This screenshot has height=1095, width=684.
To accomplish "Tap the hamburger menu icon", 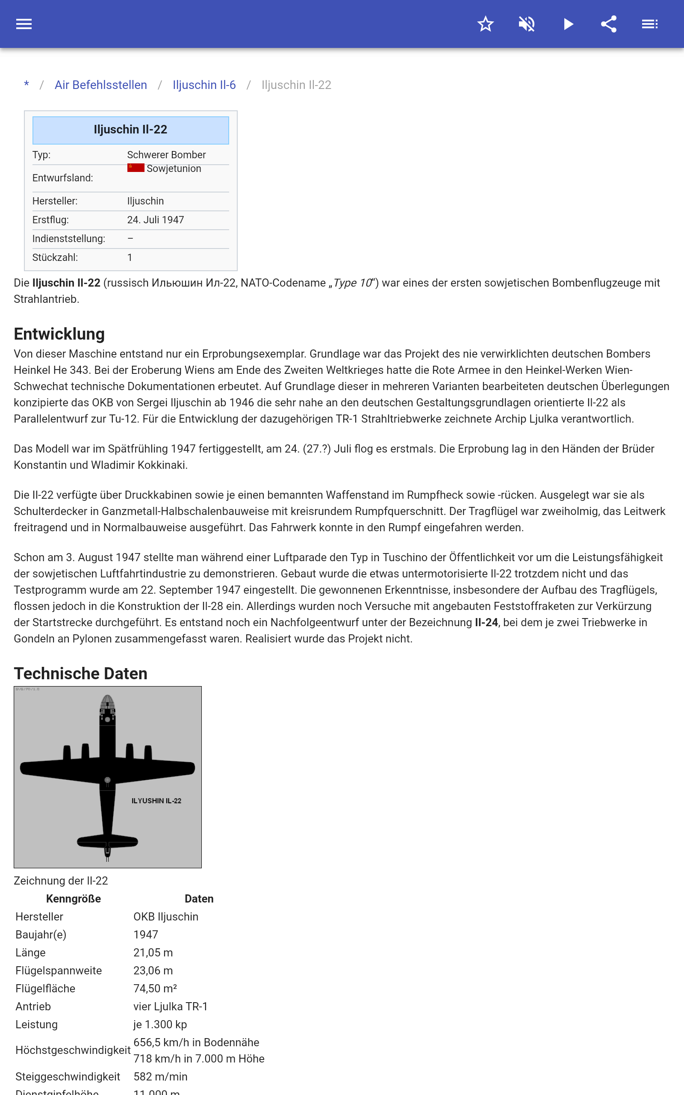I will point(24,24).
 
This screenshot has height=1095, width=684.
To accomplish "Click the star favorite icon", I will point(485,24).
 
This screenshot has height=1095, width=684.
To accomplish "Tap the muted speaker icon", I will point(527,24).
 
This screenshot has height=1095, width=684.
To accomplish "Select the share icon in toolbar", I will point(609,24).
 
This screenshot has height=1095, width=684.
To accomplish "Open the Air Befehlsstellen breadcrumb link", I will point(100,85).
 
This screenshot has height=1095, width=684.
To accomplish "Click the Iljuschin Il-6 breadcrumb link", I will point(204,85).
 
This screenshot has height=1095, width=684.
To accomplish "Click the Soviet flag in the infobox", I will point(136,168).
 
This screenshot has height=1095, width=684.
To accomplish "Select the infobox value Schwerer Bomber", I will point(166,155).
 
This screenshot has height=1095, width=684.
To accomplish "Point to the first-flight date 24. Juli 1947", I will point(155,220).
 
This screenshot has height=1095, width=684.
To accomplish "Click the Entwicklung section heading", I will point(59,334).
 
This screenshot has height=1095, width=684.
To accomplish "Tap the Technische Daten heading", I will point(80,673).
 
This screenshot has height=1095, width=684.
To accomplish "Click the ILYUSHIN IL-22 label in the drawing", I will point(156,801).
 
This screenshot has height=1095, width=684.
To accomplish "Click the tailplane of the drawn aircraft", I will point(107,842).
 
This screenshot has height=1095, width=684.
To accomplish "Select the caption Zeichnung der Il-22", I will point(61,881).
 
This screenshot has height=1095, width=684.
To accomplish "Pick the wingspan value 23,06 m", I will point(153,971).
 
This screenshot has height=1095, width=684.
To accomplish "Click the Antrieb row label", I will point(33,1006).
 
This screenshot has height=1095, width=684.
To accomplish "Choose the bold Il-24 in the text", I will point(486,623).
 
